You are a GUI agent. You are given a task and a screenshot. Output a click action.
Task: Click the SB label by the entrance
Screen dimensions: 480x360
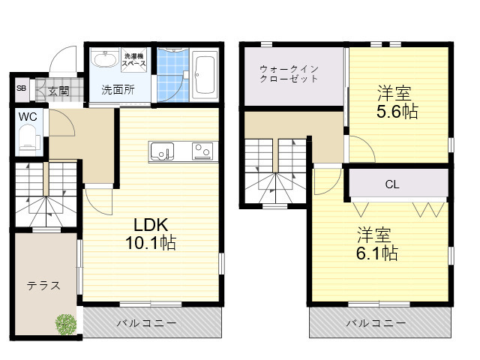click(x=21, y=88)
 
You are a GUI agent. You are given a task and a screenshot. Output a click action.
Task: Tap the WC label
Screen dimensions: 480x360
click(x=28, y=117)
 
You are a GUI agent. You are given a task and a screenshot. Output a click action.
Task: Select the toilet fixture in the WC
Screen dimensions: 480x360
click(x=29, y=142)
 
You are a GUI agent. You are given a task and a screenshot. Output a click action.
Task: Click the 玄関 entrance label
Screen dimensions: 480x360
click(x=58, y=91)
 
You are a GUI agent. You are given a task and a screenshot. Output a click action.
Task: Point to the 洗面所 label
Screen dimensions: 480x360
click(x=118, y=90)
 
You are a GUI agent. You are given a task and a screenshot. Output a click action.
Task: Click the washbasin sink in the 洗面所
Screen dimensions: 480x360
click(x=105, y=60)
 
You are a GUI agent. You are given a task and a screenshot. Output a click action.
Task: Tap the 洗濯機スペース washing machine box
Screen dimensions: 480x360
click(x=134, y=60)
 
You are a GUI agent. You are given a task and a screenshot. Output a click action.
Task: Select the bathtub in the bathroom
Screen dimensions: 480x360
click(x=205, y=76)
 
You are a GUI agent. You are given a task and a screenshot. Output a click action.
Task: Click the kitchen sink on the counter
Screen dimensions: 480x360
click(x=162, y=151)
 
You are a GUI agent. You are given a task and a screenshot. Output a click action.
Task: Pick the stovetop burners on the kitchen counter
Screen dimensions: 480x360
click(x=202, y=151)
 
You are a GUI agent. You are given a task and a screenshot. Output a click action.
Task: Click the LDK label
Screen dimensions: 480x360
click(x=151, y=225)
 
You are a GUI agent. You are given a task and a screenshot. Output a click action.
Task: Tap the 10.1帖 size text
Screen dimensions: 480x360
click(x=151, y=243)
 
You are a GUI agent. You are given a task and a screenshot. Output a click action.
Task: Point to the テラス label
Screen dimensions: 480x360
click(x=43, y=286)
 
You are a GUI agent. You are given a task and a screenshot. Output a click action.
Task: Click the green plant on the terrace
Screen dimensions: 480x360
click(x=65, y=324)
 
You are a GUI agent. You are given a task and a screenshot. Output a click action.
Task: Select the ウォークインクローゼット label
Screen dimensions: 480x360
click(x=289, y=73)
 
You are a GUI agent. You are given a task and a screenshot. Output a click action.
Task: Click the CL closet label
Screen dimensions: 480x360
click(x=392, y=184)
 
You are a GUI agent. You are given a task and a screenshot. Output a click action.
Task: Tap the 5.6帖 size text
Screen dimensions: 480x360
click(x=397, y=112)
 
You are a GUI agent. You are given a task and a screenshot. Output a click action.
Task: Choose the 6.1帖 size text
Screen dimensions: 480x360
click(x=376, y=253)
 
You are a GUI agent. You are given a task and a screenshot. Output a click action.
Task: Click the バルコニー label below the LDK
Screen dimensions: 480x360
click(x=146, y=323)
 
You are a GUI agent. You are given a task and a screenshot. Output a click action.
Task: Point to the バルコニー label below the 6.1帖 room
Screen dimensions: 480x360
click(x=376, y=323)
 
